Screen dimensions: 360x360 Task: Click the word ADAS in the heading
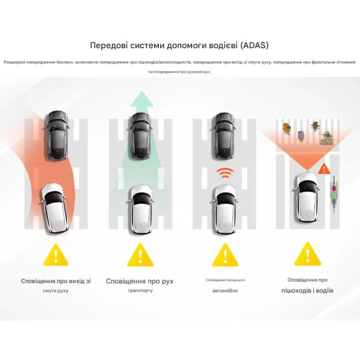click(255, 45)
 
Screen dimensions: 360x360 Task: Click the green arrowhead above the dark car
click(142, 99)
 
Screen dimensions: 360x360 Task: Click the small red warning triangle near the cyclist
click(324, 169)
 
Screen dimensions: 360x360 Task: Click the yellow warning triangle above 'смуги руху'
click(56, 255)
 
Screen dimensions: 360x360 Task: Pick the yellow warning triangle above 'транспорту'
click(140, 255)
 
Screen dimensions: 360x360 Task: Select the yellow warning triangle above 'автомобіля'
click(225, 255)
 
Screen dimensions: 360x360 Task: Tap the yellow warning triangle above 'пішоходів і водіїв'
click(307, 254)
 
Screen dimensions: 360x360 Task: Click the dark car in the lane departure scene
click(57, 135)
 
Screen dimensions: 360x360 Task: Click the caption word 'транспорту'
click(140, 290)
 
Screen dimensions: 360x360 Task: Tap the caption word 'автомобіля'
click(225, 291)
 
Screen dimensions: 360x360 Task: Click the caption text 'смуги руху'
click(55, 291)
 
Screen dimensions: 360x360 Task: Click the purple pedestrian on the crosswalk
click(301, 136)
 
